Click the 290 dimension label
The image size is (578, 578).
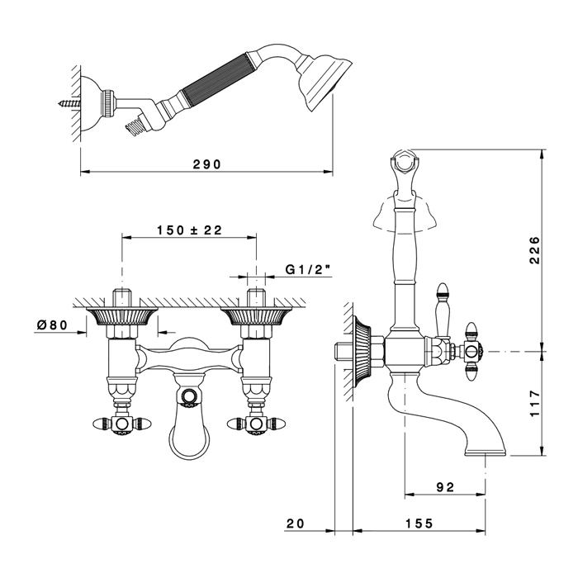tap(207, 164)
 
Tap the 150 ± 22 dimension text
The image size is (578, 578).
tap(189, 230)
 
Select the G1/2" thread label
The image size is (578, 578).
tap(308, 270)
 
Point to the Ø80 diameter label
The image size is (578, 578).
tap(52, 325)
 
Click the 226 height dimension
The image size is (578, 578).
tap(534, 250)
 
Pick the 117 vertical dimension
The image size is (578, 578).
tap(534, 404)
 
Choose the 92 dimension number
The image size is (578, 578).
tap(445, 487)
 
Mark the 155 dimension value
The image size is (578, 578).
tap(419, 523)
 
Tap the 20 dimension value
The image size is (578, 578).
tap(296, 523)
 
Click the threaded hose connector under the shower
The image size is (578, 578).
tap(135, 123)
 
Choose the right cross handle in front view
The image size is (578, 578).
tap(255, 424)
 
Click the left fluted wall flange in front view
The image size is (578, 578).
tap(121, 316)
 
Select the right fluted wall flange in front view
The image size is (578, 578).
tap(256, 316)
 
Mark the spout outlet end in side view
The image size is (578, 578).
tap(486, 452)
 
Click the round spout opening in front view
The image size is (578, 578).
tap(189, 396)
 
